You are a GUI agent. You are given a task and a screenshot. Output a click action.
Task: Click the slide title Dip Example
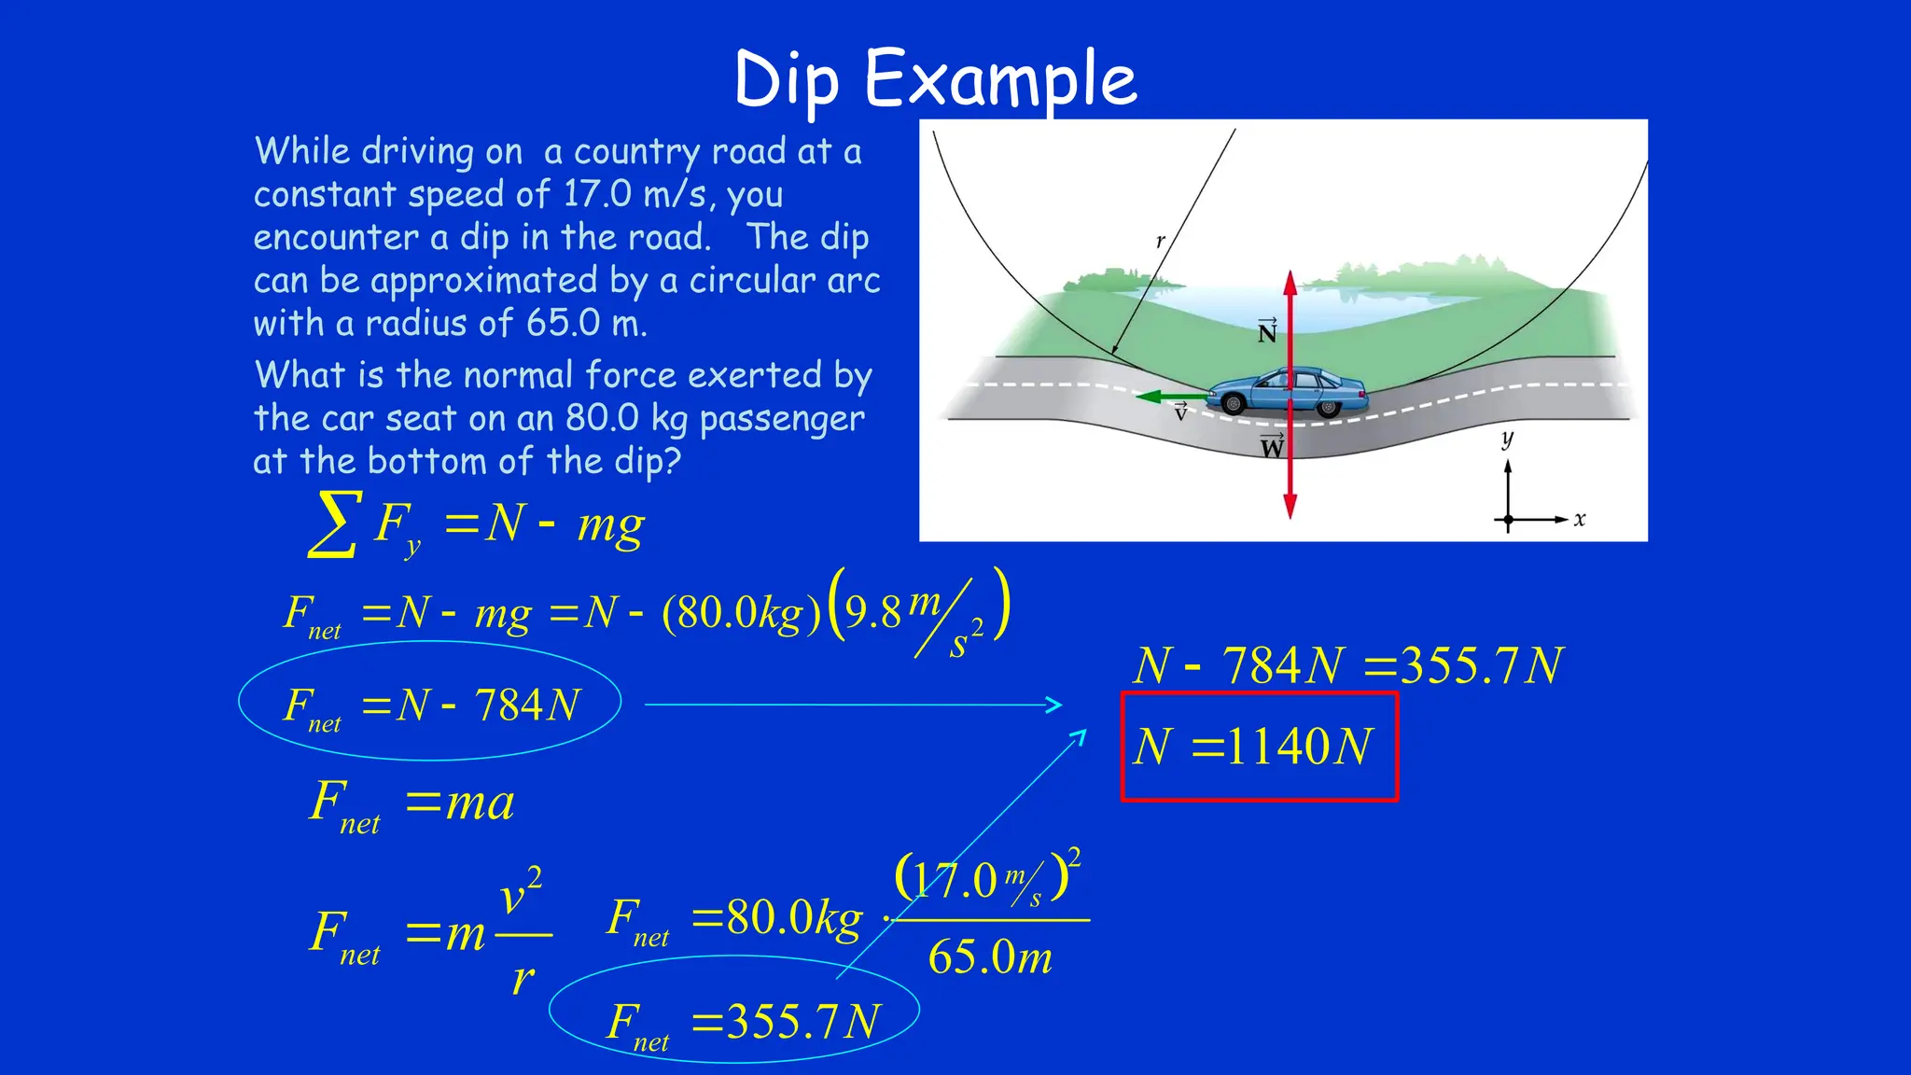coord(935,80)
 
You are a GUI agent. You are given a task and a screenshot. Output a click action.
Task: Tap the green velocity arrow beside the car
coord(1171,397)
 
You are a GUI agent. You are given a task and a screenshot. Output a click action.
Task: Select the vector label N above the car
coord(1266,331)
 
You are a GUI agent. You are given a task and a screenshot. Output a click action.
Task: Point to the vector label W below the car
coord(1272,447)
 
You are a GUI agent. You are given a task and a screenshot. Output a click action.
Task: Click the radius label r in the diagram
coord(1160,241)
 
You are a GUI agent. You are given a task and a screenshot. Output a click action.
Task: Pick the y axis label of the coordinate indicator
coord(1507,438)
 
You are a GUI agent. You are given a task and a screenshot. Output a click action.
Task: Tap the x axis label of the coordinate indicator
coord(1579,519)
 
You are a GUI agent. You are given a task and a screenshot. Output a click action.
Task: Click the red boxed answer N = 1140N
coord(1258,747)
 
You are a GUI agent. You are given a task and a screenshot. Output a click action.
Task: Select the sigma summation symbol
coord(334,524)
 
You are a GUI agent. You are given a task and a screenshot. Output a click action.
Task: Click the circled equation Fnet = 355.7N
coord(742,1023)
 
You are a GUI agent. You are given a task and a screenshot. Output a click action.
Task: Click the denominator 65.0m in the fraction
coord(990,957)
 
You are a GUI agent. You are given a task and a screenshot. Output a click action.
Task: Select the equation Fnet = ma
coord(411,803)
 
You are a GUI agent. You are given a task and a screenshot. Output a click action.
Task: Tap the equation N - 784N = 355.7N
coord(1347,666)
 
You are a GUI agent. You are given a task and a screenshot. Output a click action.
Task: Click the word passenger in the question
coord(782,419)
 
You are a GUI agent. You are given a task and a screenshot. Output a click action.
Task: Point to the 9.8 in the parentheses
coord(872,612)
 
